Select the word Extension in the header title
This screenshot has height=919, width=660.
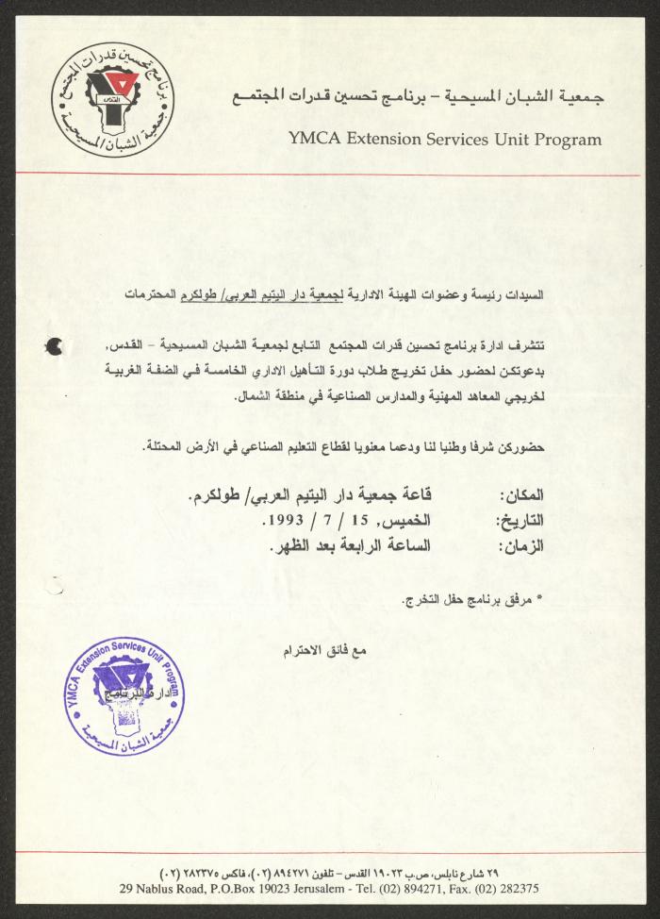pyautogui.click(x=392, y=140)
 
